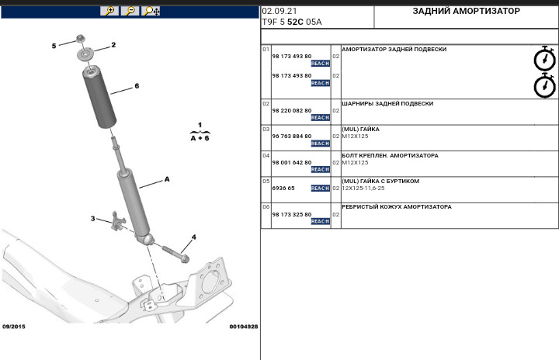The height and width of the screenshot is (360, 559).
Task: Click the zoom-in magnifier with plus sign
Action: click(110, 11)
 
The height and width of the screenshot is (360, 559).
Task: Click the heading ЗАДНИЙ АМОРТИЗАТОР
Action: click(466, 12)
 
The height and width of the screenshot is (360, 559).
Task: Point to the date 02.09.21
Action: click(278, 12)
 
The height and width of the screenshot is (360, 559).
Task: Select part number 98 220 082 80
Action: click(291, 111)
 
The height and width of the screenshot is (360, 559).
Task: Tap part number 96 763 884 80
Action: click(291, 137)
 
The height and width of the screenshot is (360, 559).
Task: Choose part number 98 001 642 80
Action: click(291, 162)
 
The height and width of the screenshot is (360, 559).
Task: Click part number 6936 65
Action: click(283, 188)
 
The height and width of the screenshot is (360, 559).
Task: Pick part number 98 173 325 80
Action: click(291, 214)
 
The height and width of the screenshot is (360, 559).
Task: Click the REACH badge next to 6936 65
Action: click(320, 189)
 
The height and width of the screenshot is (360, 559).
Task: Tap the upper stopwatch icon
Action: click(544, 59)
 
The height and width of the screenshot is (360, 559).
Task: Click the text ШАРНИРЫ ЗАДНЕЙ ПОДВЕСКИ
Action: click(387, 103)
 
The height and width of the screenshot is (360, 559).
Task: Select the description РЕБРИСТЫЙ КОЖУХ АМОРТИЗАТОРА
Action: click(396, 207)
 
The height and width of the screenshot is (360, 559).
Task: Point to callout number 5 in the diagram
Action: click(54, 46)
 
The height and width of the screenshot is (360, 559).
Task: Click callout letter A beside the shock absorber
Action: click(166, 178)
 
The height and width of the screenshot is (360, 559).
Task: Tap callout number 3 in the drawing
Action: click(92, 219)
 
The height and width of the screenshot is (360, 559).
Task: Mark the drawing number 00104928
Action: click(243, 327)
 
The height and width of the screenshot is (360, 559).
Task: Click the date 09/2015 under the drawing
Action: click(14, 327)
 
